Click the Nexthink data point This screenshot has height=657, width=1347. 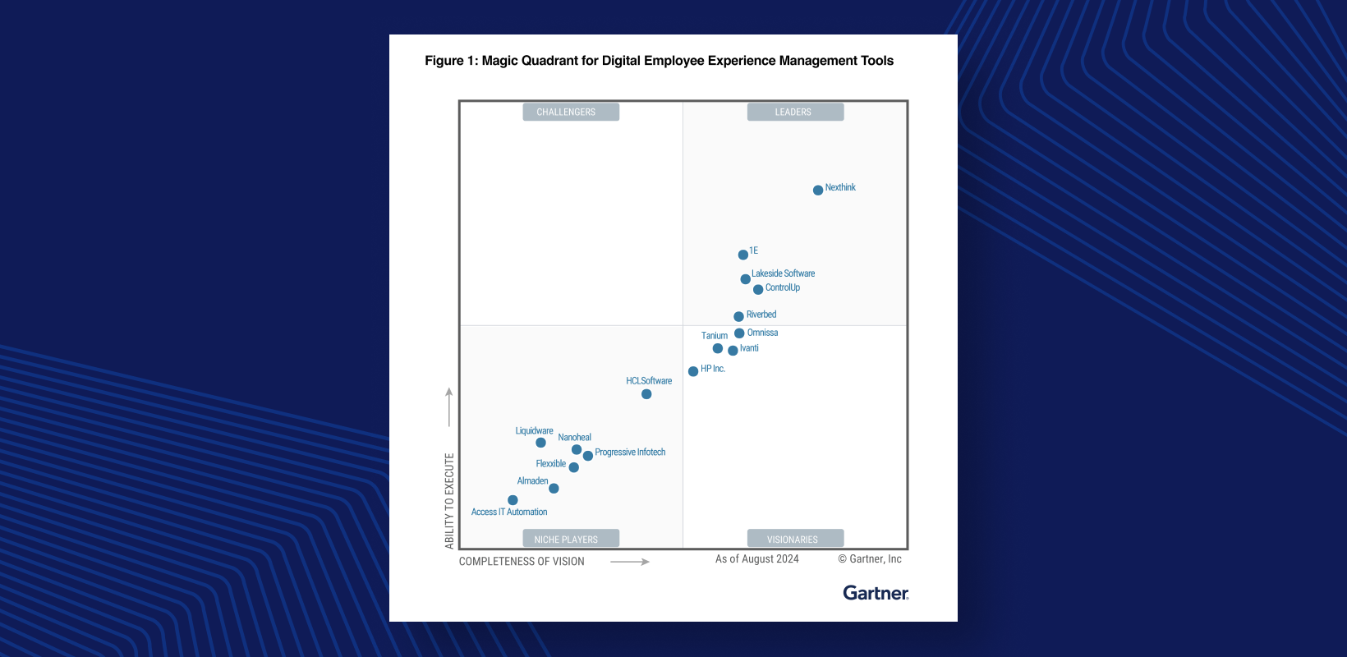[x=818, y=191]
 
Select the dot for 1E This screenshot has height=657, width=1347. [x=743, y=255]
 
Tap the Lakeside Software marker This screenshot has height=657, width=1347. [x=746, y=279]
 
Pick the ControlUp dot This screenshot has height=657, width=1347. [x=758, y=290]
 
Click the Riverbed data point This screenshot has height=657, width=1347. [x=739, y=316]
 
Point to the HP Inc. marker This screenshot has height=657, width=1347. [x=693, y=371]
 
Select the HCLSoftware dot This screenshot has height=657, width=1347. [x=646, y=394]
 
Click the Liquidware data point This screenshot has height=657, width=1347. [x=540, y=443]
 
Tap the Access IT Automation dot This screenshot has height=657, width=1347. [x=513, y=500]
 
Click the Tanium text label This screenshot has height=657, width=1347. [x=715, y=336]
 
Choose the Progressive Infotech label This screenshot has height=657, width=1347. [x=630, y=453]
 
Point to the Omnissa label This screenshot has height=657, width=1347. [x=762, y=333]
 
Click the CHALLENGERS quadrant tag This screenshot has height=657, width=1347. [x=571, y=112]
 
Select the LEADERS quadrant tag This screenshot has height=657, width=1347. [x=795, y=112]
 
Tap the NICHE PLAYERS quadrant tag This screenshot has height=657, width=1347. [x=571, y=539]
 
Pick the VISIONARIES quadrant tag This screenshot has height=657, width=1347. [x=795, y=539]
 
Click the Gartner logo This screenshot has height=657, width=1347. [x=876, y=593]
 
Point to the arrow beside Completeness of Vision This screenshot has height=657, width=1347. [x=630, y=562]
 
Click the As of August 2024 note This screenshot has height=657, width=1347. [x=756, y=559]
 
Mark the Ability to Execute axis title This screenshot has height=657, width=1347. [x=449, y=501]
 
